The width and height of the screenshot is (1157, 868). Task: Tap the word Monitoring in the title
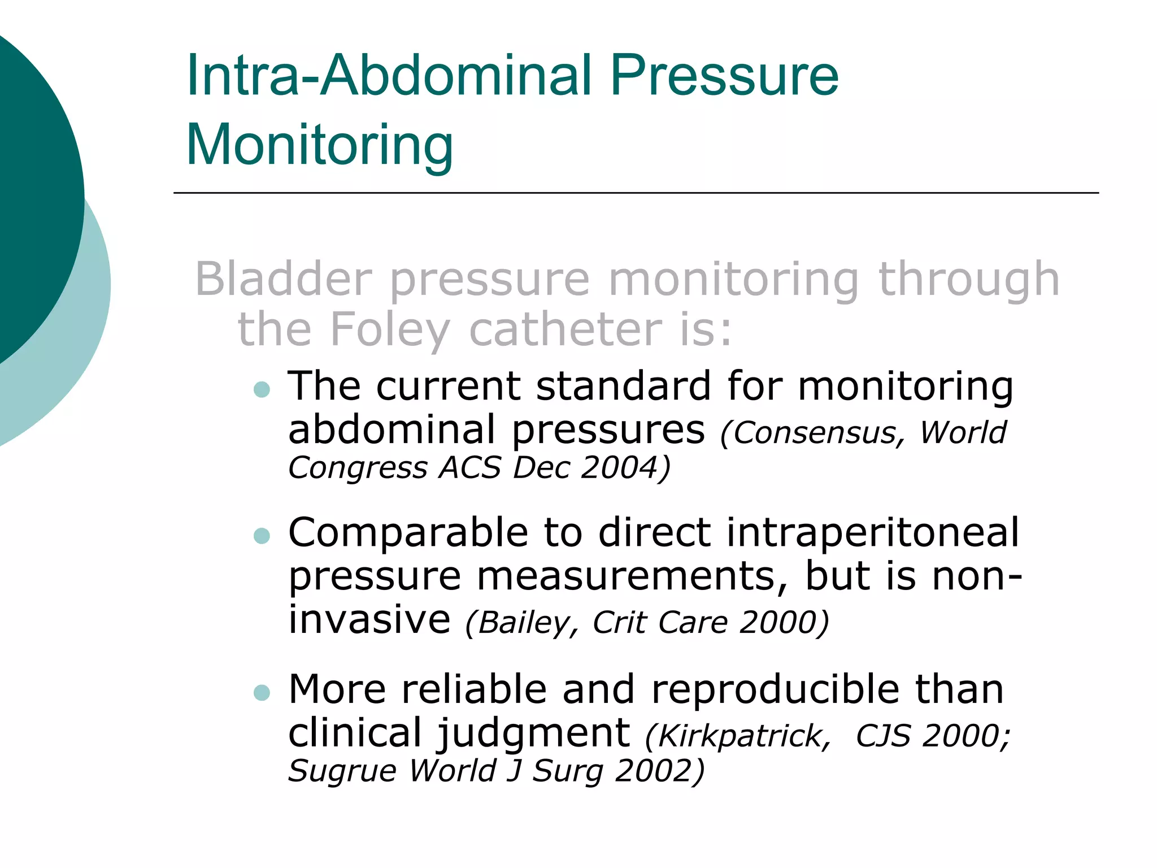[x=320, y=145]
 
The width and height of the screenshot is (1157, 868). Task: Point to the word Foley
[x=390, y=329]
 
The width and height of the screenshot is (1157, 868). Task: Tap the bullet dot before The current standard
[x=262, y=389]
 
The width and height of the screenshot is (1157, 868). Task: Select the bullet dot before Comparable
[x=262, y=535]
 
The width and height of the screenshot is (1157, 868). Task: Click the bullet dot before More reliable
[x=262, y=692]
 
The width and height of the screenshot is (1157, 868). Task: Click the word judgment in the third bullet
[x=534, y=733]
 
